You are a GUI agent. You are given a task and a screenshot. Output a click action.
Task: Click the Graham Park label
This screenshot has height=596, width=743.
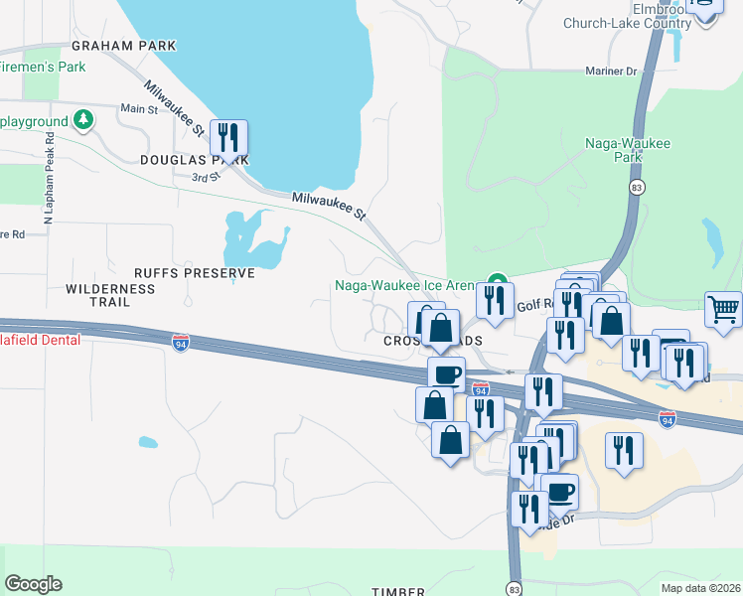click(123, 46)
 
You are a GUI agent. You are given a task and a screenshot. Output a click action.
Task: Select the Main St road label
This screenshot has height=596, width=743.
click(139, 108)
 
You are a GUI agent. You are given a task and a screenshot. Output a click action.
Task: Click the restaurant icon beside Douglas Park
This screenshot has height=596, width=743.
click(229, 139)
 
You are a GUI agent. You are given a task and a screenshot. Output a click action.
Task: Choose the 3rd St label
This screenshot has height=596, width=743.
click(206, 177)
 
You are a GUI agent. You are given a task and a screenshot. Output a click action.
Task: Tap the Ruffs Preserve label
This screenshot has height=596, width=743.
click(195, 272)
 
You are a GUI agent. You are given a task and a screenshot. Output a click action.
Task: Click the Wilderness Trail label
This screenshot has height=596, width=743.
click(110, 289)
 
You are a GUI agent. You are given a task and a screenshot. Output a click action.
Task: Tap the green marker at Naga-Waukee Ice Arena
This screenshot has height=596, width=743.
click(497, 284)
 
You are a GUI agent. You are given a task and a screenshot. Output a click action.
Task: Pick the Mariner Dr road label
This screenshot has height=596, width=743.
click(610, 71)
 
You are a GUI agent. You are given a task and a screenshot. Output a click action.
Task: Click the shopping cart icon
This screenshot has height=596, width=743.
click(723, 309)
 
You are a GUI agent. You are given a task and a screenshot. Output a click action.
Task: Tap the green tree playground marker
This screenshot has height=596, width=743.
click(85, 121)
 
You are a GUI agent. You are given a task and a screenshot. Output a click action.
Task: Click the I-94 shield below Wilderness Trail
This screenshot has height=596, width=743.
click(180, 344)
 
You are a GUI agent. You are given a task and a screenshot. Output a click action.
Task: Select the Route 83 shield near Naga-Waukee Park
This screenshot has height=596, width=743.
click(638, 187)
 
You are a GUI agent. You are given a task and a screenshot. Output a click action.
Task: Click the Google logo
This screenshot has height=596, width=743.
click(33, 584)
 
